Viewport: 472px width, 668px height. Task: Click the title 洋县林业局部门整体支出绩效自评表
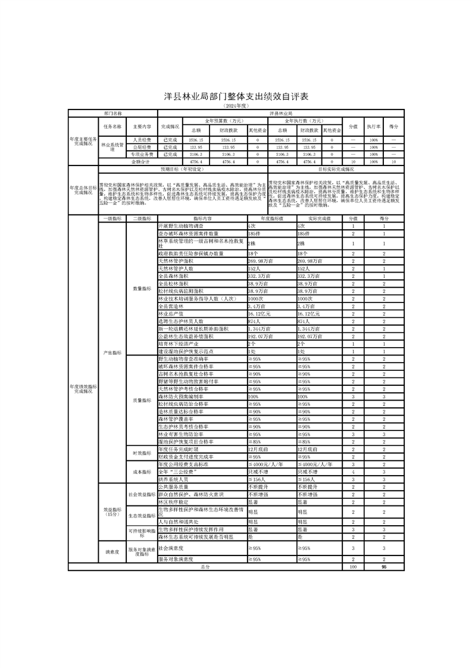tap(236, 96)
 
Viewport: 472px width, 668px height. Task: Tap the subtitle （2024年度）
tap(236, 105)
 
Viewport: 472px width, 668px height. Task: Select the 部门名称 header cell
tap(112, 112)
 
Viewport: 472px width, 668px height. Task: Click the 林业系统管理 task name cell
tap(112, 146)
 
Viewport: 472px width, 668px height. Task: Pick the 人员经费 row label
tap(142, 139)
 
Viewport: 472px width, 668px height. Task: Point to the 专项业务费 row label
tap(142, 154)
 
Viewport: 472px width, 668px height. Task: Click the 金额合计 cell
tap(142, 161)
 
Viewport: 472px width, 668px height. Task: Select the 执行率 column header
tap(373, 127)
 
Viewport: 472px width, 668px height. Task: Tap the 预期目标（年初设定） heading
tap(212, 168)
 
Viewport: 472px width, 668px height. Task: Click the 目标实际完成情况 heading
tap(336, 168)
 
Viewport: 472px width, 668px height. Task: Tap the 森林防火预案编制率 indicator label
tap(180, 396)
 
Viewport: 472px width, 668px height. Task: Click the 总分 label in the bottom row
tap(205, 567)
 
